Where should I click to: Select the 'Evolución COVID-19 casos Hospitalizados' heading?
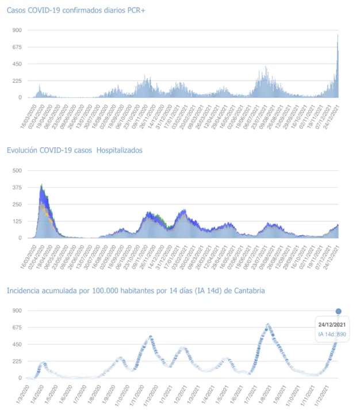click(75, 150)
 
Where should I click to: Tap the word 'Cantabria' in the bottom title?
click(249, 291)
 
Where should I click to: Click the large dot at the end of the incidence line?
click(338, 311)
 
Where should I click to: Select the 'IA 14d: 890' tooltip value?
click(332, 334)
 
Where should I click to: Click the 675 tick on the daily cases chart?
click(17, 47)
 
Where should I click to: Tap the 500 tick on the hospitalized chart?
click(17, 171)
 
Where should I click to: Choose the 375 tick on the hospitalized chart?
click(17, 187)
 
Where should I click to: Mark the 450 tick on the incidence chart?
click(17, 344)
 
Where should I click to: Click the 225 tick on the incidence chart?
click(17, 361)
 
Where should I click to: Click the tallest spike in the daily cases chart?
click(338, 36)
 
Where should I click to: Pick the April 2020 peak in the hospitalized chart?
click(42, 186)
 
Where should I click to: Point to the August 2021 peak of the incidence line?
click(268, 325)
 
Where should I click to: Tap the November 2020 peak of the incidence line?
click(151, 337)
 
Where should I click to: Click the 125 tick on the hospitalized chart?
click(17, 221)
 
